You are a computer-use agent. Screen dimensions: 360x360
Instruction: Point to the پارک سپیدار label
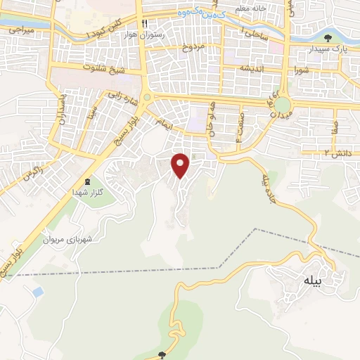[x=330, y=49]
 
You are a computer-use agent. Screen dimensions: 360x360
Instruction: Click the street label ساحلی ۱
[x=252, y=33]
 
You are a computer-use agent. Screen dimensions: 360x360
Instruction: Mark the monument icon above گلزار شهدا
[x=87, y=181]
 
